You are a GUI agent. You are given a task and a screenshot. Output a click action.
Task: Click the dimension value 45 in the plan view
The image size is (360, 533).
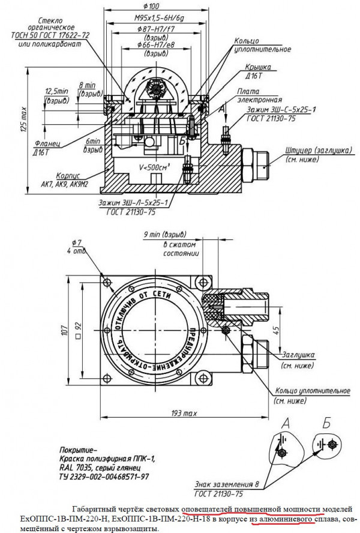click(275, 329)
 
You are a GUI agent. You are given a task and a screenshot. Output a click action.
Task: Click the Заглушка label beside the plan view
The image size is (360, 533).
click(296, 355)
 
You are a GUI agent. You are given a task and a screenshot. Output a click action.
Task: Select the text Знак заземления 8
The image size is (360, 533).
click(220, 483)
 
